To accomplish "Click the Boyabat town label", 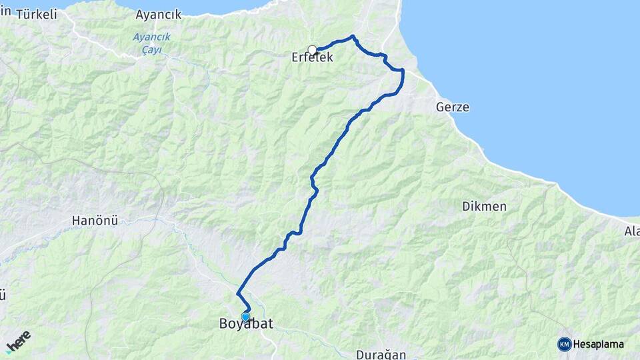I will tap(246, 325).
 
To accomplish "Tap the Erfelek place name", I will tap(312, 59).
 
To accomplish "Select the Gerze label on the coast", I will tap(453, 107).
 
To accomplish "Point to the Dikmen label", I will tap(484, 207).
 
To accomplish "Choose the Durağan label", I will tap(381, 355).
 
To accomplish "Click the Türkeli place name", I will tap(36, 14).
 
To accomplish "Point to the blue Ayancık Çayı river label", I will tap(151, 42).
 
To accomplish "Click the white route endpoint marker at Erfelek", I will tap(312, 49).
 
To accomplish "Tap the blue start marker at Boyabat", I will tap(245, 317).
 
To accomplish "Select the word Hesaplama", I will tap(599, 345).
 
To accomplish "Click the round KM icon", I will tap(564, 344).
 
